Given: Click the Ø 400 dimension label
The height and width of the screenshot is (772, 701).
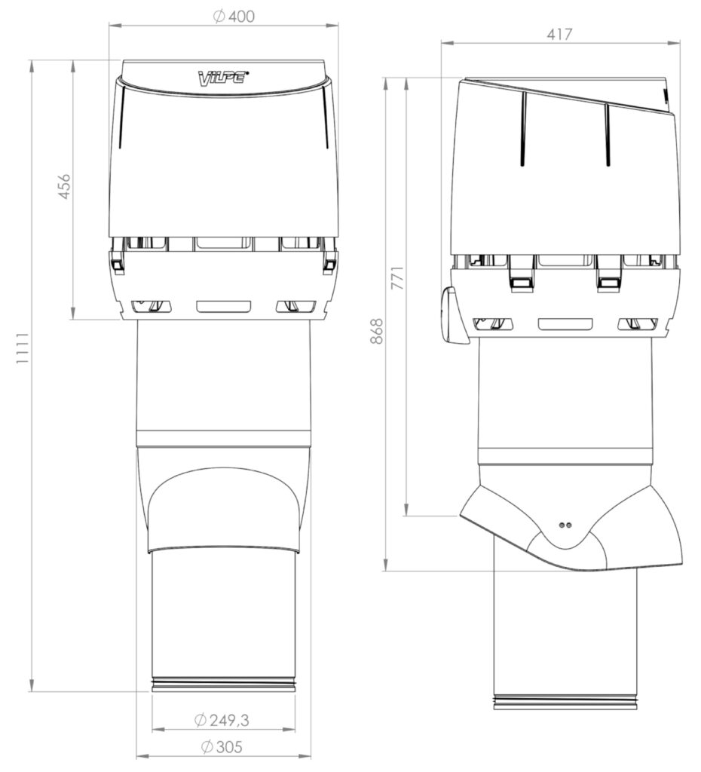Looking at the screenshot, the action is tap(234, 17).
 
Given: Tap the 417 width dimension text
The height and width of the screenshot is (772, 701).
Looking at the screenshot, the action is tap(559, 34).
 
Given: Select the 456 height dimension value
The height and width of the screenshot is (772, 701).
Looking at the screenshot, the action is tap(65, 186).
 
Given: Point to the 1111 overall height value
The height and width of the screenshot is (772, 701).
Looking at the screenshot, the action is tap(23, 348).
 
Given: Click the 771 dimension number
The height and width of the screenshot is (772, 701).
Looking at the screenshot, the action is tap(397, 278).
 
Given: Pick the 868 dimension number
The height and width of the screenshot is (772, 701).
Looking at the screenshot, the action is tap(376, 330).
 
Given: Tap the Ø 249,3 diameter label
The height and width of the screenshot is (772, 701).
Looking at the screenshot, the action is tap(222, 720).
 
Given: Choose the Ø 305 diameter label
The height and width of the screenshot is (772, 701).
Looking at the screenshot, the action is tap(222, 747).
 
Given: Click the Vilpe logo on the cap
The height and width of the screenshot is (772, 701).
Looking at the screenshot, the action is tap(223, 78).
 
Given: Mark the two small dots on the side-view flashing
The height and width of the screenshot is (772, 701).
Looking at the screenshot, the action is tap(565, 525).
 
